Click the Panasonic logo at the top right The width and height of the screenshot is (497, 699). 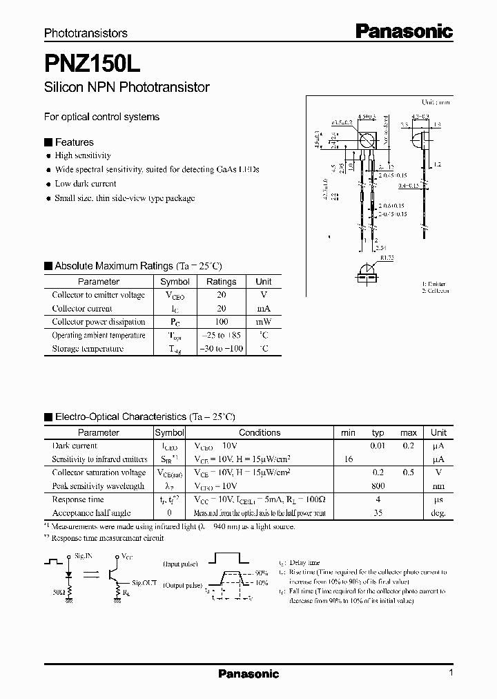(404, 31)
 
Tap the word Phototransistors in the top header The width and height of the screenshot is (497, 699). (86, 32)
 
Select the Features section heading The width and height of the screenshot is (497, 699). (74, 142)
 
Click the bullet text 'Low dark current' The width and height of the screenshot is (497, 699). (86, 184)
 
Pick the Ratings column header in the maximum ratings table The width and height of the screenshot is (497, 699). (221, 282)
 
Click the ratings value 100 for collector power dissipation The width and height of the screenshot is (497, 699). (221, 322)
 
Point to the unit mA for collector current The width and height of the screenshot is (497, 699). (264, 309)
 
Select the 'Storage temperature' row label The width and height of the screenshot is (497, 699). (88, 349)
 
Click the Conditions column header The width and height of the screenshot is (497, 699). (260, 433)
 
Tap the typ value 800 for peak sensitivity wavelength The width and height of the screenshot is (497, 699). (378, 486)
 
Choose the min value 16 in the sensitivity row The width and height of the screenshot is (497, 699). (348, 459)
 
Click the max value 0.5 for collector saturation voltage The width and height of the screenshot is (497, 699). (409, 473)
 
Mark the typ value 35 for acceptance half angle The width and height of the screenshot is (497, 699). (378, 513)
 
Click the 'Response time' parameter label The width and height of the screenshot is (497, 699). (78, 499)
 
